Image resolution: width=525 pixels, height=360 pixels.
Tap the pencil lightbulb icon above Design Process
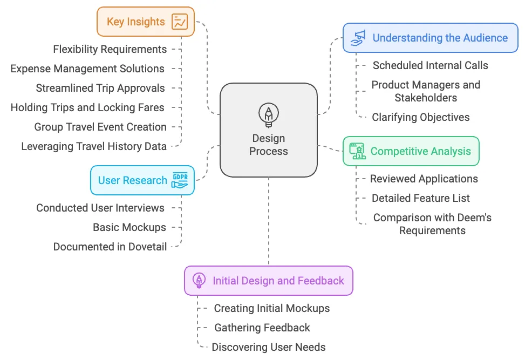[x=268, y=115]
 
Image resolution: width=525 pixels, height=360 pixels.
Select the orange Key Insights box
[x=145, y=22]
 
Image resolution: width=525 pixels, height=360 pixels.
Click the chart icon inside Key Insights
[x=180, y=22]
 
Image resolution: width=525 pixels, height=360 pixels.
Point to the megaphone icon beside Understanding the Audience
[x=358, y=37]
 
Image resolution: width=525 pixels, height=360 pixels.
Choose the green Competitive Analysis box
[x=411, y=151]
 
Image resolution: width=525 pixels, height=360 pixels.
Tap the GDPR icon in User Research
[x=180, y=180]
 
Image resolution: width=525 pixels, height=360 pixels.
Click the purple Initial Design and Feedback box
[x=268, y=281]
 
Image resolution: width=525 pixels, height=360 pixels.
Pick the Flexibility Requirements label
[x=110, y=49]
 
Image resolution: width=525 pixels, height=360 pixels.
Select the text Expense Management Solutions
[x=87, y=69]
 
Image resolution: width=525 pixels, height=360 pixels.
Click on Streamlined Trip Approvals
[x=100, y=88]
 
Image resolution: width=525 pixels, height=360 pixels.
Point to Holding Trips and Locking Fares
[x=87, y=107]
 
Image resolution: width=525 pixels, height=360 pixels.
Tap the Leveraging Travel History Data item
[x=94, y=146]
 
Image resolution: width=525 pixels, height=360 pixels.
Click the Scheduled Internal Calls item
[x=430, y=65]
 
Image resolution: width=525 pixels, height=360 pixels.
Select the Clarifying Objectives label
[x=421, y=117]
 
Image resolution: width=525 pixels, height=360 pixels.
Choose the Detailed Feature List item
[x=421, y=198]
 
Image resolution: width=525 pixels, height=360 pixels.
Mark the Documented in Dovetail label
[x=110, y=247]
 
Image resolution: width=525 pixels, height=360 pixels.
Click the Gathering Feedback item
[x=262, y=328]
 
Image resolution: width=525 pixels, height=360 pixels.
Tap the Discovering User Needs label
[x=269, y=347]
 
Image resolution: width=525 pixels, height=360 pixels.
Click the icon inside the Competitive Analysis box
[x=357, y=151]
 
